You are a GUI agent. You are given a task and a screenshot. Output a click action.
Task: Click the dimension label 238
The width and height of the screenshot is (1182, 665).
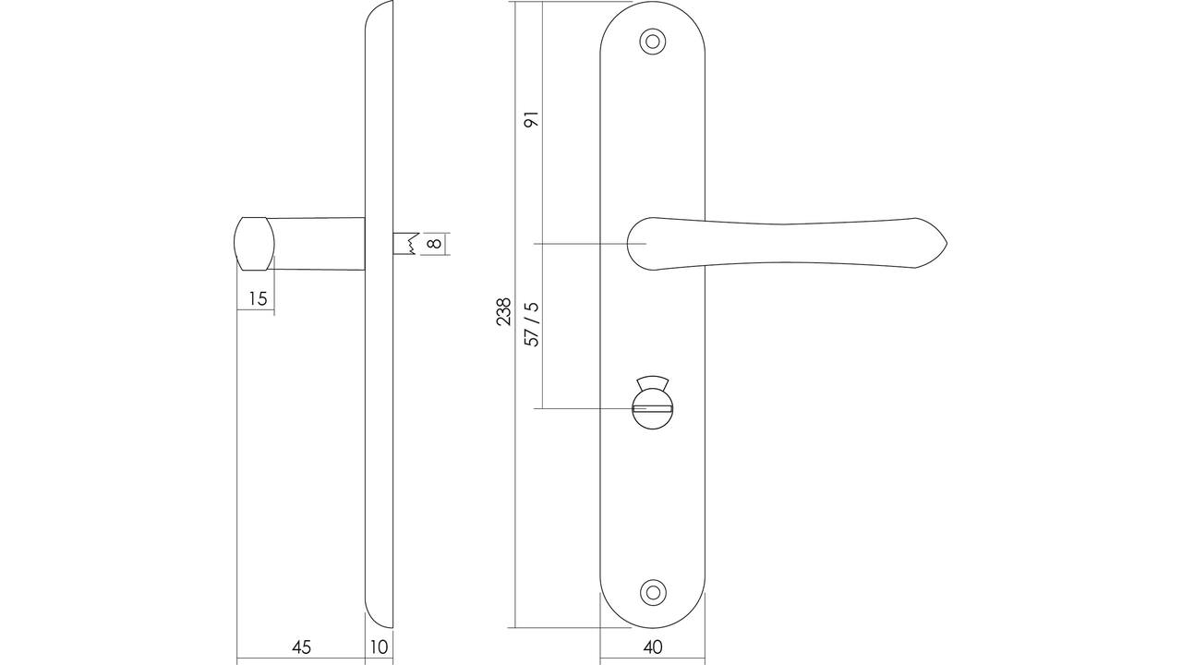504,311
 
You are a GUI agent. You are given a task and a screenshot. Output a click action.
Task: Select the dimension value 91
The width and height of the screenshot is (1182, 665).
534,119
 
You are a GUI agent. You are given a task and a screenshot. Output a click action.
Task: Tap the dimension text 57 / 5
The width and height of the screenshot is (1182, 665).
534,324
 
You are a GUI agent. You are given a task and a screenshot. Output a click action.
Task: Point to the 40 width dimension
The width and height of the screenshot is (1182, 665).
653,647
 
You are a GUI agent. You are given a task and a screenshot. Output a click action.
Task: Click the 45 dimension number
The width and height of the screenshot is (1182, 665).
301,647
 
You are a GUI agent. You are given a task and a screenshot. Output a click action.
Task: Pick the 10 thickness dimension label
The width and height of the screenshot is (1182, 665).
379,647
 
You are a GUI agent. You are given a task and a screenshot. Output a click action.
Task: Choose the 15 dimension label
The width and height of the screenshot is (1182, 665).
258,298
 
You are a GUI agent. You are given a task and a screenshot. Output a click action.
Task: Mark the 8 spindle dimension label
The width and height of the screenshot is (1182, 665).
434,243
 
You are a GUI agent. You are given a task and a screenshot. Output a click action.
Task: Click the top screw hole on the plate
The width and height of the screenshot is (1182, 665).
653,42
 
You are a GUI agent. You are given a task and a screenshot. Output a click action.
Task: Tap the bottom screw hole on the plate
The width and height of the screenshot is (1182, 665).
653,593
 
